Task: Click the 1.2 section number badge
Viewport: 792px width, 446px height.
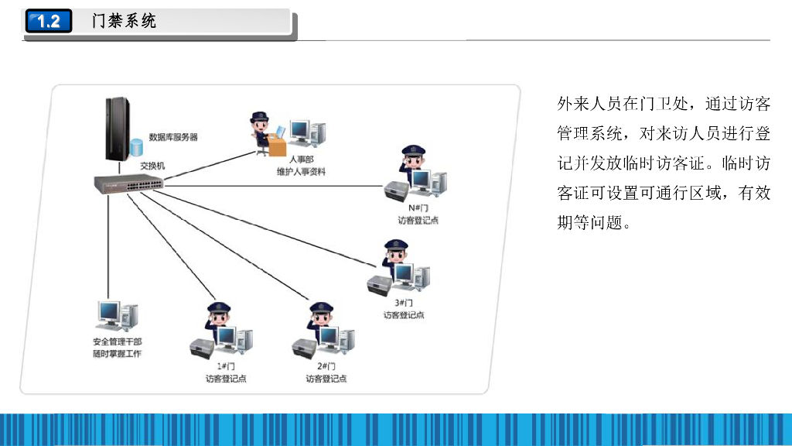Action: (48, 22)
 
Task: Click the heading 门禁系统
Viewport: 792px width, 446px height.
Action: (124, 22)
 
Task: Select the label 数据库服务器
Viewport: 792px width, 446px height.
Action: (173, 137)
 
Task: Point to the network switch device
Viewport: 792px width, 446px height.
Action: (128, 184)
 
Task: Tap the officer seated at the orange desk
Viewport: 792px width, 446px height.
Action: (261, 130)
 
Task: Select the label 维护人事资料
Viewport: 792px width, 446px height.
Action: (301, 171)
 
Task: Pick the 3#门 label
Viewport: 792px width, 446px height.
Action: (404, 303)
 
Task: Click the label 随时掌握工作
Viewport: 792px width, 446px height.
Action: (117, 355)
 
